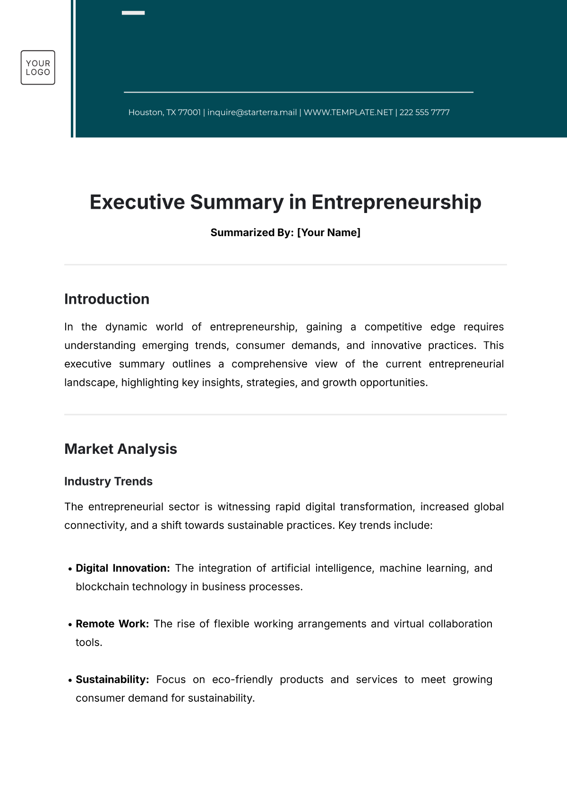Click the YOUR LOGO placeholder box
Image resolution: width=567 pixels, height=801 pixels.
[38, 68]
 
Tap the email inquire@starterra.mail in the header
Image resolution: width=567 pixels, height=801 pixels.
[252, 112]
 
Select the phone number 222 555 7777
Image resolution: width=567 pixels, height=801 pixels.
[424, 112]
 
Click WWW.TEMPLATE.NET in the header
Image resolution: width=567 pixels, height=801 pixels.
[348, 112]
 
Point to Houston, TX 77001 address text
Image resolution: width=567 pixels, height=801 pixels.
[164, 112]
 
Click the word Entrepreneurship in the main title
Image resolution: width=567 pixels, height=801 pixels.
[396, 202]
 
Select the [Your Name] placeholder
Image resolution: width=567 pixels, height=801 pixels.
[328, 232]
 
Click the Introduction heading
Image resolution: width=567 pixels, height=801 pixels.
[107, 299]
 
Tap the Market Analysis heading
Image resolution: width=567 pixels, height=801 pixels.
[120, 449]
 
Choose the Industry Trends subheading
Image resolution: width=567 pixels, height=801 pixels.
[108, 481]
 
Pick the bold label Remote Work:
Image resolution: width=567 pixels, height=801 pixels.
[112, 624]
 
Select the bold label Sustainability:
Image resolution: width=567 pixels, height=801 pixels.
[112, 680]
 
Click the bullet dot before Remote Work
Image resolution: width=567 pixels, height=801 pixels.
[70, 624]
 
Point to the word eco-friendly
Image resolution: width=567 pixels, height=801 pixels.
[242, 680]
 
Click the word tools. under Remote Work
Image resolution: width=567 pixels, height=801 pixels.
[89, 642]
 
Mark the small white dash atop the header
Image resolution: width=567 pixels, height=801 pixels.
[133, 13]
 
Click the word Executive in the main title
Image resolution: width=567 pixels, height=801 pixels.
[137, 202]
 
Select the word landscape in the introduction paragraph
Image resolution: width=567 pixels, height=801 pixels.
[90, 383]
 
